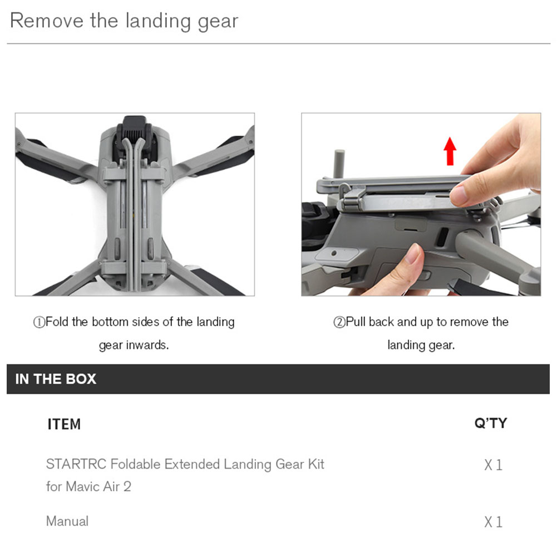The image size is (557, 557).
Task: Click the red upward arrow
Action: [x=450, y=151]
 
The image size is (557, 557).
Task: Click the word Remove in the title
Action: [x=47, y=20]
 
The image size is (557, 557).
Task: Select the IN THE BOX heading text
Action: [x=56, y=379]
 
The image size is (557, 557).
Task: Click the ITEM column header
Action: [x=65, y=424]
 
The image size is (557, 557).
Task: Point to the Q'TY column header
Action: [x=491, y=423]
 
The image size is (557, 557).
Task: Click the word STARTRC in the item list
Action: [x=76, y=464]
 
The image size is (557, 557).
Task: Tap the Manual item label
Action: [x=67, y=521]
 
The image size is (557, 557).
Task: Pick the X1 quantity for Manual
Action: [x=494, y=522]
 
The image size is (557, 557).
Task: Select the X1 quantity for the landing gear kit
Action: [x=494, y=465]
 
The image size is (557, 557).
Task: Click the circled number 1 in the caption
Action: [x=39, y=322]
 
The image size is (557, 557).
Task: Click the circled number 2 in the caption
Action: [x=339, y=322]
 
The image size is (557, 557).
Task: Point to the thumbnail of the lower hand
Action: [x=413, y=253]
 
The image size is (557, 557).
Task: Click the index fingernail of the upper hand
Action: [x=458, y=196]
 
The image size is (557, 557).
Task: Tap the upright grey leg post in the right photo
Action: [x=340, y=164]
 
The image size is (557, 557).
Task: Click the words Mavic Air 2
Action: [x=98, y=486]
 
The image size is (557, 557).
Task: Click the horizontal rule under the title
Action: [x=278, y=44]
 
